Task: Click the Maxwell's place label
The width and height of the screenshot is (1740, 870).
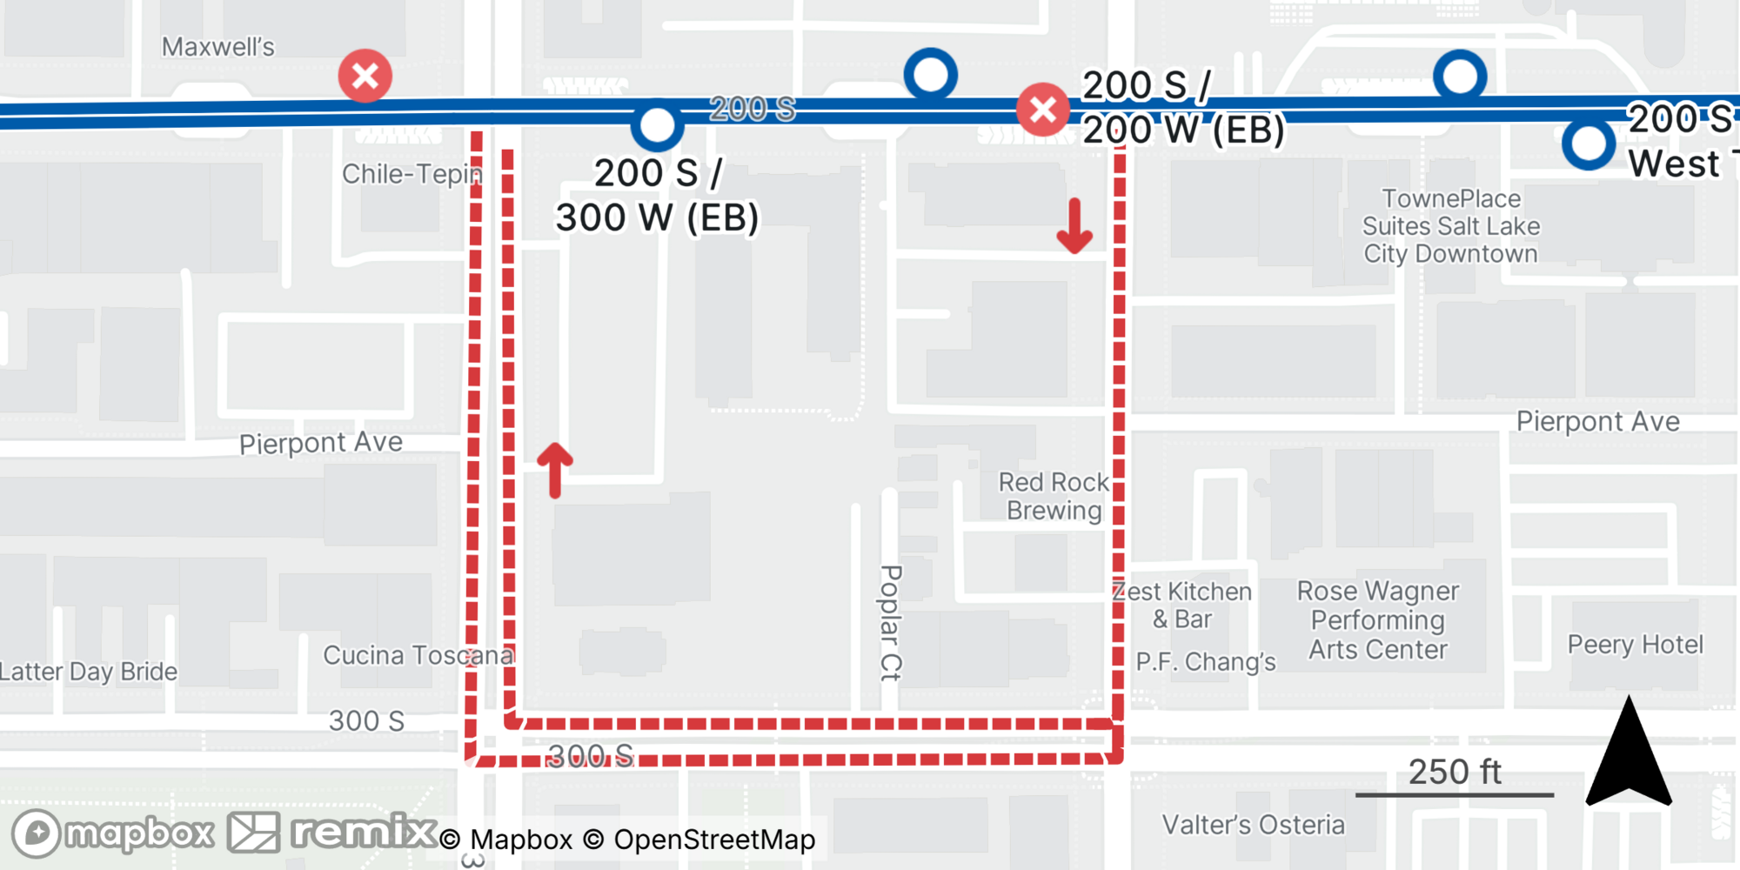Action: coord(217,47)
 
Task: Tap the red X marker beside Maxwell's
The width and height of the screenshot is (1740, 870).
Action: coord(365,76)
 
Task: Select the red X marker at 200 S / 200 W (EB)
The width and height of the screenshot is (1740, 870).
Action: coord(1043,110)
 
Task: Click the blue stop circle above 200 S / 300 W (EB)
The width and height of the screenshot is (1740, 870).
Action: coord(657,125)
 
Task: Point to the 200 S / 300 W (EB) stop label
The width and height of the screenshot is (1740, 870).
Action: coord(657,196)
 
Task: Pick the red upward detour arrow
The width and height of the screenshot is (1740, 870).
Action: coord(555,470)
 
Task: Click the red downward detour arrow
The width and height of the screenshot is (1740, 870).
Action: coord(1074,226)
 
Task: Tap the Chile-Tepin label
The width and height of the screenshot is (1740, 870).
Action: coord(412,174)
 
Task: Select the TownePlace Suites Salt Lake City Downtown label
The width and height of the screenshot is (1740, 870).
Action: coord(1450,226)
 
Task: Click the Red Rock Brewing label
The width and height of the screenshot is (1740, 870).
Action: coord(1054,496)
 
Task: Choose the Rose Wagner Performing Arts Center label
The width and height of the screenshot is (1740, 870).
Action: coord(1378,620)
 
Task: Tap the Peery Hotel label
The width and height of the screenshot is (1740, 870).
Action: coord(1635,645)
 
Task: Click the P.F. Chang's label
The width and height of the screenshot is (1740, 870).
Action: coord(1205,662)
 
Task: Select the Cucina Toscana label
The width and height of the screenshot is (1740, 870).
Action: coord(418,655)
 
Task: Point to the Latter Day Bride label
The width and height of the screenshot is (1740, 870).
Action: coord(89,672)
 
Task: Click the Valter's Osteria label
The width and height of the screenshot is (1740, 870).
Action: coord(1253,825)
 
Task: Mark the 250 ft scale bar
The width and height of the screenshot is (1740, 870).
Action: coord(1455,793)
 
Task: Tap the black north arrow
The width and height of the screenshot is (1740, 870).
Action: coord(1629,753)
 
